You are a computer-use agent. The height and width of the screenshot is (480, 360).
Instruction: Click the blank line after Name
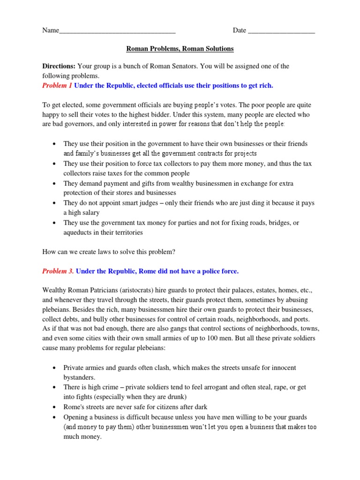(x=117, y=31)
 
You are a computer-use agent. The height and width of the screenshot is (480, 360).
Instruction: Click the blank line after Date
(x=281, y=31)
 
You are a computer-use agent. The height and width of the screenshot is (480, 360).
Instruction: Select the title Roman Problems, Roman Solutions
(x=180, y=49)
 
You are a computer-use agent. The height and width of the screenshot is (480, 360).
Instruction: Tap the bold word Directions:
(x=59, y=67)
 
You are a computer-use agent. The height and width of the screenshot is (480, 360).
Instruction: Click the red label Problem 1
(x=57, y=85)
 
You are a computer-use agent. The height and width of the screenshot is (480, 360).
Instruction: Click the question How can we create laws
(x=109, y=252)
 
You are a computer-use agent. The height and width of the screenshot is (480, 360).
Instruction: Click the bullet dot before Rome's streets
(x=55, y=407)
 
